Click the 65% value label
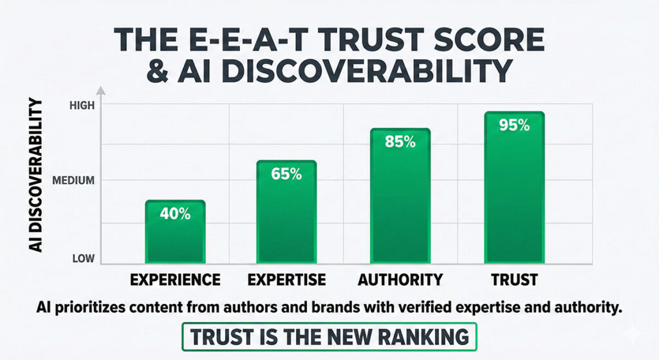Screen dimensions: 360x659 (x=286, y=175)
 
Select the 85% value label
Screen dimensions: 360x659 (x=400, y=142)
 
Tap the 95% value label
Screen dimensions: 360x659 (x=514, y=126)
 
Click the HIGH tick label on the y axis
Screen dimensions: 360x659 (x=82, y=105)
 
